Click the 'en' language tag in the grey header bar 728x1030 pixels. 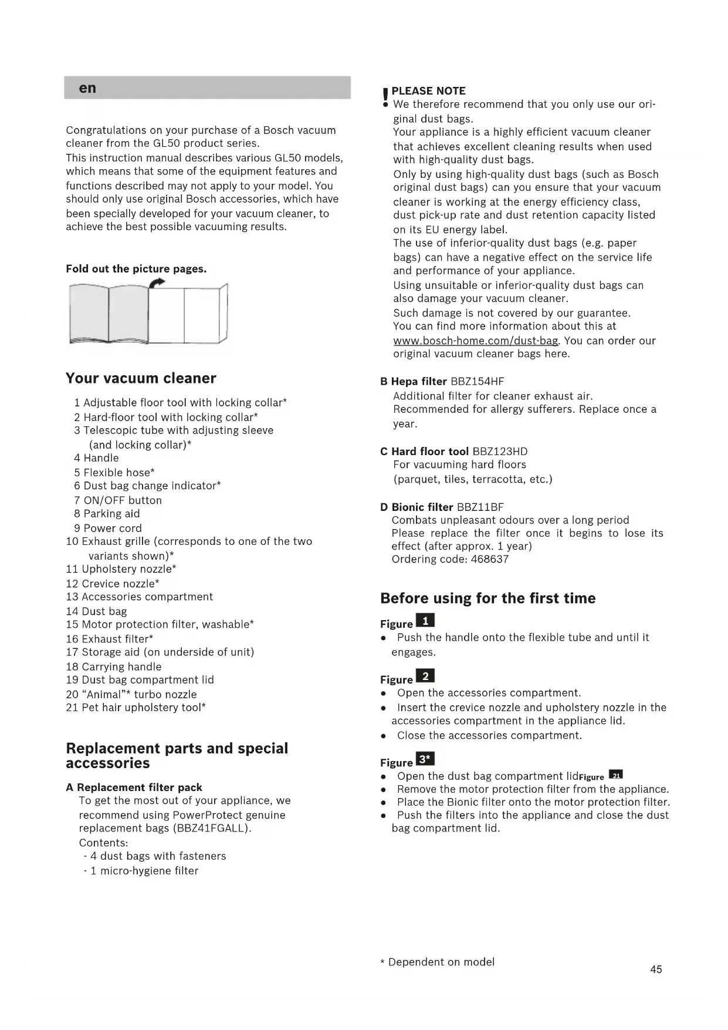click(x=87, y=88)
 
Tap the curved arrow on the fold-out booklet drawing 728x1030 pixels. click(x=157, y=284)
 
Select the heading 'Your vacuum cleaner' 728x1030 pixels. click(x=141, y=378)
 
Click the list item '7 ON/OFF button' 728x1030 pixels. click(x=118, y=500)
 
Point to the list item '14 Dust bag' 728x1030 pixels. click(x=96, y=611)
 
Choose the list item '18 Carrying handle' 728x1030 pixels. click(x=114, y=667)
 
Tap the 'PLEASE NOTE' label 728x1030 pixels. click(x=428, y=91)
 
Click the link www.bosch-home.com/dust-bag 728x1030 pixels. click(x=475, y=341)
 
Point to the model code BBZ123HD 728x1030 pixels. click(x=500, y=451)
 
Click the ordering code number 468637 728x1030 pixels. click(x=490, y=559)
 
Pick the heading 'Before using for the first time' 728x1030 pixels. click(x=487, y=598)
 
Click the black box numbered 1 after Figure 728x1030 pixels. click(x=425, y=621)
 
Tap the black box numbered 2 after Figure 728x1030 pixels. click(x=425, y=676)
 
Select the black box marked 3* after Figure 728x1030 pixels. click(x=425, y=759)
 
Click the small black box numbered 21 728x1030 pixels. click(x=616, y=775)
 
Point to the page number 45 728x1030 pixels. click(x=656, y=970)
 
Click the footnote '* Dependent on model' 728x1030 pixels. click(x=438, y=962)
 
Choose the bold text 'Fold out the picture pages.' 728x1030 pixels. click(x=136, y=269)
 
